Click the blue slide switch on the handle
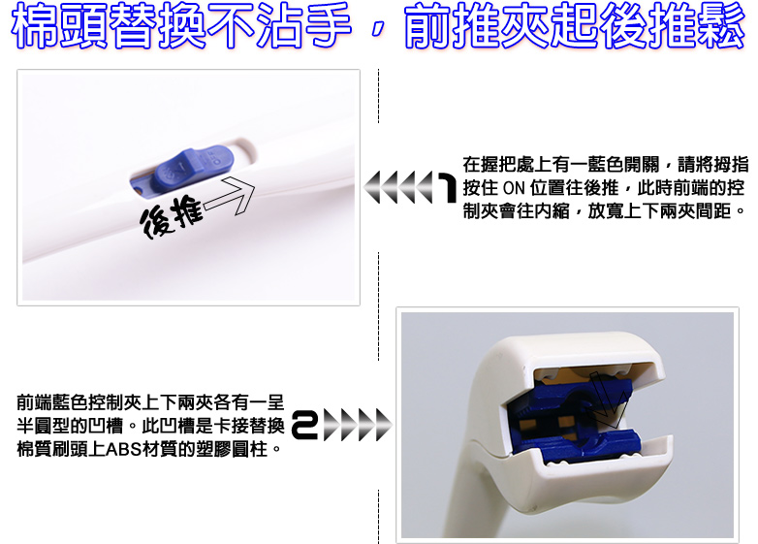click(x=193, y=168)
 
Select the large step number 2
click(x=304, y=425)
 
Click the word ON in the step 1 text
click(x=514, y=187)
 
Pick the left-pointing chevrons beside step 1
click(x=398, y=187)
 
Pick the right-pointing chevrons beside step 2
click(x=357, y=425)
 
